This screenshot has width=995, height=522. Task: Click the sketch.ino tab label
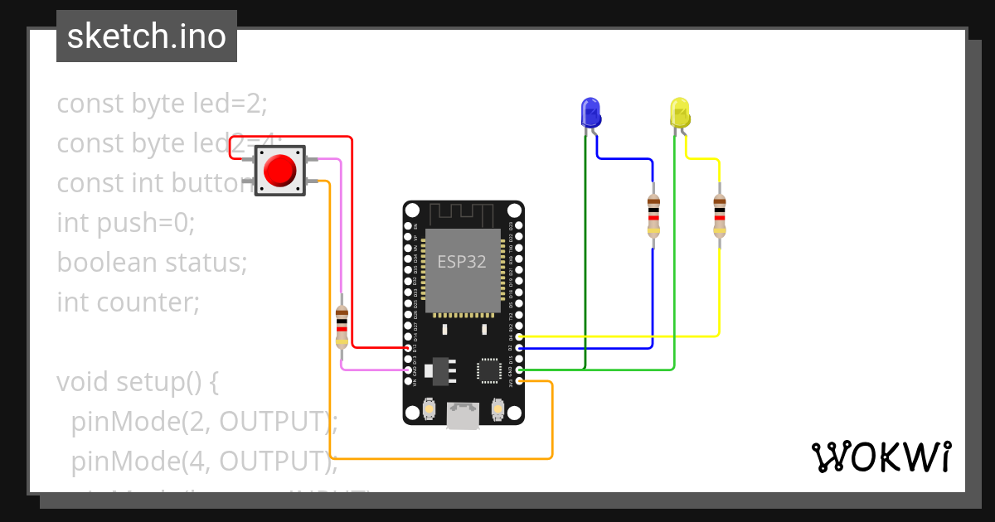[147, 36]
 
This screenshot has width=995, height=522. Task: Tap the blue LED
[590, 112]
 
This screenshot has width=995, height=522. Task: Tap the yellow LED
[679, 112]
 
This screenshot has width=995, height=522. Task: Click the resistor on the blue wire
[653, 215]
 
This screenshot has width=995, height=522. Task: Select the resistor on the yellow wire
[719, 215]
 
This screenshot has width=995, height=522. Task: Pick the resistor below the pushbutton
[342, 326]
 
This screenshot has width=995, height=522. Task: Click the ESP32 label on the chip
[462, 262]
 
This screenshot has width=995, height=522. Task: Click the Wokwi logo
[881, 457]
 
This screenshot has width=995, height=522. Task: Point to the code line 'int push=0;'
[125, 223]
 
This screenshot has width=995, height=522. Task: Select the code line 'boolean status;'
[153, 263]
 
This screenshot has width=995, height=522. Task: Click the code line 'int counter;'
[129, 302]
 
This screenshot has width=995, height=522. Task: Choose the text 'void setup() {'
[138, 382]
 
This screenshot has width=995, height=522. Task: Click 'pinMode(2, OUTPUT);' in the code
[204, 422]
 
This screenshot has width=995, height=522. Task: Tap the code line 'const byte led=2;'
[163, 104]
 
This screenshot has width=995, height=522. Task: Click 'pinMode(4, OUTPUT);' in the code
[204, 461]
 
